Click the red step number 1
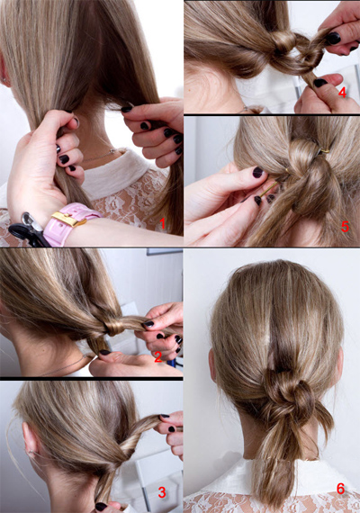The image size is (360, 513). coord(162,224)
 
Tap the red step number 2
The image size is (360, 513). coord(158,357)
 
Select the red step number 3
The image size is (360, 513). coord(162,492)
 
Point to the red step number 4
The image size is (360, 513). coord(342,93)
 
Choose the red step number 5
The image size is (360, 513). coord(345,227)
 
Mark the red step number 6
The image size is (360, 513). coord(341,489)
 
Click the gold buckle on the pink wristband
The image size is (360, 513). coord(68,219)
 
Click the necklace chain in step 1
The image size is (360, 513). coord(98,156)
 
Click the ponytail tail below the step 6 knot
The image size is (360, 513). coord(274,464)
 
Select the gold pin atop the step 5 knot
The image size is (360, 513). coord(324,151)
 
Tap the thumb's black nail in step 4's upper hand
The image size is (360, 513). coord(333,39)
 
